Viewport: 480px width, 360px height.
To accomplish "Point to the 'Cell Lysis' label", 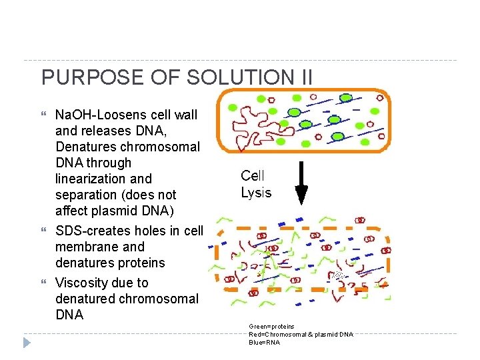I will click(256, 184).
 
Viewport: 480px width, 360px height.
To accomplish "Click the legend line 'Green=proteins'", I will click(271, 327).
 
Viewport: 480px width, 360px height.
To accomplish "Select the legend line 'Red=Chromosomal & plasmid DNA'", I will click(301, 334).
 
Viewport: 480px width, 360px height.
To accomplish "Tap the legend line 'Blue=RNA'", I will click(264, 342).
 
